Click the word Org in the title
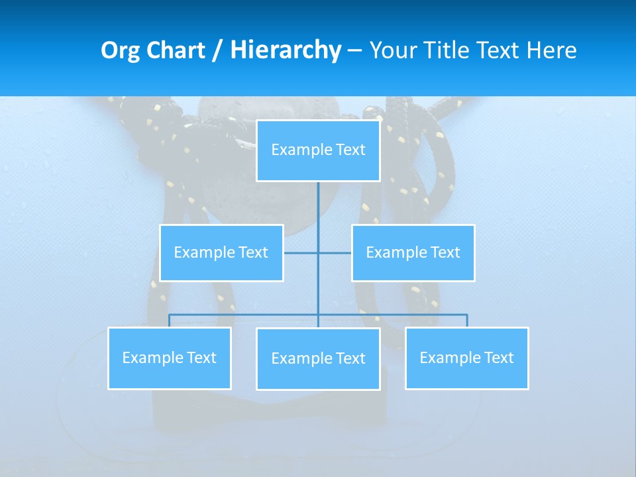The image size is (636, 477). coord(119,50)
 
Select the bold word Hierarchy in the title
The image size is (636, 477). coord(286,50)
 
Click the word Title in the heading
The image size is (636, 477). coord(447,50)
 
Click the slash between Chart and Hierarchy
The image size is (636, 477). coord(217,50)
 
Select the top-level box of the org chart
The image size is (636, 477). coord(318,150)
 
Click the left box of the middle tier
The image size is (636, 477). coord(221,253)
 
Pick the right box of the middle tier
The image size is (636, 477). coord(413,253)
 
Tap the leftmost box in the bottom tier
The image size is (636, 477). coord(170,358)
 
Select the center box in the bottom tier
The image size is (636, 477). coord(318,359)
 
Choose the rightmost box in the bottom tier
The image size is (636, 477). coord(467,358)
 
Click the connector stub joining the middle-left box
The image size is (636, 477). coord(300,253)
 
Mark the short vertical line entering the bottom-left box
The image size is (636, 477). coord(170,321)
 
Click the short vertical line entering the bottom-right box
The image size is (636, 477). coord(467,321)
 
